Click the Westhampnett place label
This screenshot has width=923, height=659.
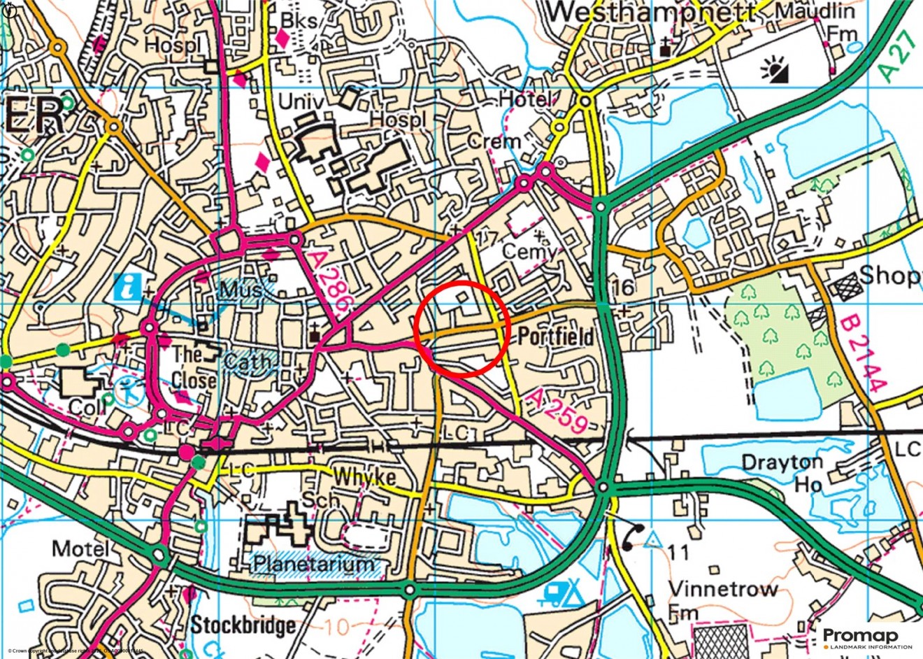(652, 13)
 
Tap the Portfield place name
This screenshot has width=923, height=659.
(556, 336)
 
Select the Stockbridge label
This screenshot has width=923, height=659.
(243, 625)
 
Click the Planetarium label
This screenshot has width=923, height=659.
(314, 564)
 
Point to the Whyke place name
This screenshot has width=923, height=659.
(364, 477)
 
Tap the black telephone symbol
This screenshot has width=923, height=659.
(632, 537)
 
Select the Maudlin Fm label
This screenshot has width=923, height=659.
(815, 22)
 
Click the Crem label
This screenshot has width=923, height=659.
(494, 141)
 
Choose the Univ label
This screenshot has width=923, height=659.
(301, 102)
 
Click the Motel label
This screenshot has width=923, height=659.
(81, 548)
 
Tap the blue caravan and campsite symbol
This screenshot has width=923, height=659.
(562, 594)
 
